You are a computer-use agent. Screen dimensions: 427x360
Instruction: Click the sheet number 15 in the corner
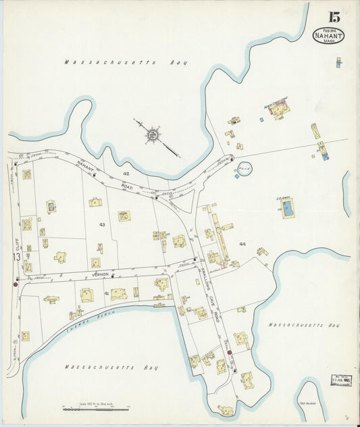click(334, 17)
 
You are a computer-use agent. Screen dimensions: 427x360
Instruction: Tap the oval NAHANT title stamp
click(328, 36)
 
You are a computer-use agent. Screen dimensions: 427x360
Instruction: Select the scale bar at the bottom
click(95, 408)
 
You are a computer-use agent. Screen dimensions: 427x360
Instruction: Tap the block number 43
click(102, 224)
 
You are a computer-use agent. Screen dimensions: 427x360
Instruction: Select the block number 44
click(241, 243)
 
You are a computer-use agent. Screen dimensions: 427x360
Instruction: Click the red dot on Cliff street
click(15, 284)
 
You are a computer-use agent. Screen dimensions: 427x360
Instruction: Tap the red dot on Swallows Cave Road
click(230, 352)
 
